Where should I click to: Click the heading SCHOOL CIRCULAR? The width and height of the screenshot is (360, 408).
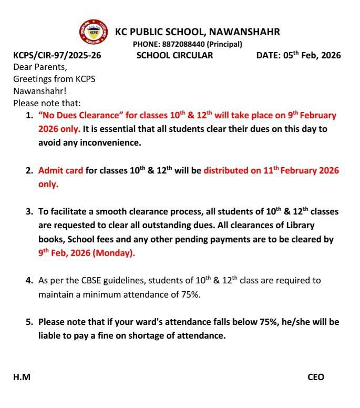[174, 55]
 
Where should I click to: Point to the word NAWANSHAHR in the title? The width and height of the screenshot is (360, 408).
[244, 32]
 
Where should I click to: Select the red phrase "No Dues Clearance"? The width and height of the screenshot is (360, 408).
[81, 115]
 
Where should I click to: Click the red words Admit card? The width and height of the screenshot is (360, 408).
[60, 170]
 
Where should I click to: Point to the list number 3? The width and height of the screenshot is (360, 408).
[29, 212]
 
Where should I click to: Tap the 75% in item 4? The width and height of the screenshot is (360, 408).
[189, 294]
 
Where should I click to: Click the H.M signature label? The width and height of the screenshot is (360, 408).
[22, 377]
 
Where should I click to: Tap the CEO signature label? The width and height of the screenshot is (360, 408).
[316, 377]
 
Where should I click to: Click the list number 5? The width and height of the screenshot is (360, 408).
[29, 322]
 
